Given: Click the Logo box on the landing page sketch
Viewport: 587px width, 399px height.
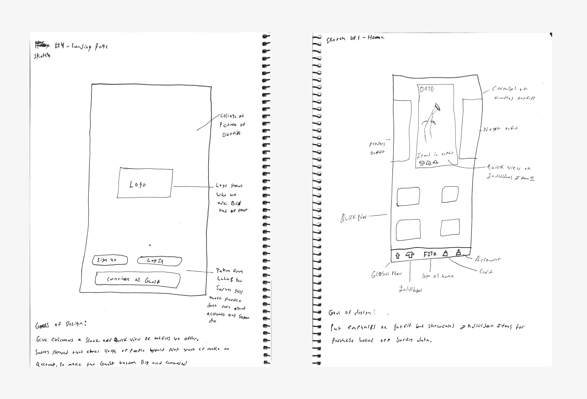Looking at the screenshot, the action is click(x=145, y=183).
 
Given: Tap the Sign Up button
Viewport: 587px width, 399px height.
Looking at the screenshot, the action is click(x=110, y=260).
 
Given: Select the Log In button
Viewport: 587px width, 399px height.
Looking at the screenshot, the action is click(x=159, y=261).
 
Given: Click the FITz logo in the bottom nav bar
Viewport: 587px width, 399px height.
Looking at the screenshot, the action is click(x=430, y=254).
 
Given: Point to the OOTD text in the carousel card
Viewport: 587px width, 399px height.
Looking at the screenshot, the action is click(x=427, y=89).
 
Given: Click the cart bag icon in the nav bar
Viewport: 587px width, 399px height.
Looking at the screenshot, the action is click(x=445, y=253).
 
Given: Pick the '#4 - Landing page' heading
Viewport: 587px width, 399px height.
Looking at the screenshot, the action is click(x=81, y=46).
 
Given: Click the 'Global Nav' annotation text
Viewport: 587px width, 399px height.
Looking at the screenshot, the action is click(x=386, y=274).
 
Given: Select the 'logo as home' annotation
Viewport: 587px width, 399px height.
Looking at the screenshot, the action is click(x=438, y=276).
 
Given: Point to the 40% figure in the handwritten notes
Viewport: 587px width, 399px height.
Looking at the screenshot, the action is click(x=110, y=351).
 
